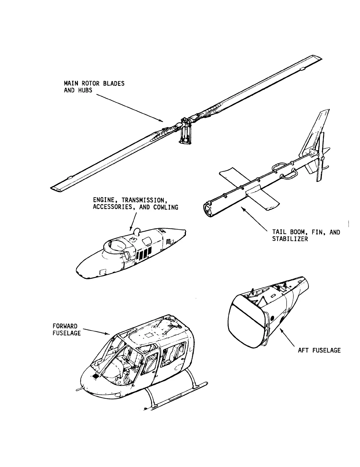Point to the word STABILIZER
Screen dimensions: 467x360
coord(290,239)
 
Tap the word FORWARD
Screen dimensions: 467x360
coord(65,326)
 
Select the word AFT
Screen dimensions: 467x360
coord(303,350)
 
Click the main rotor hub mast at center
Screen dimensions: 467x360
coord(185,133)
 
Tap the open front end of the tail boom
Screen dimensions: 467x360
coord(207,210)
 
